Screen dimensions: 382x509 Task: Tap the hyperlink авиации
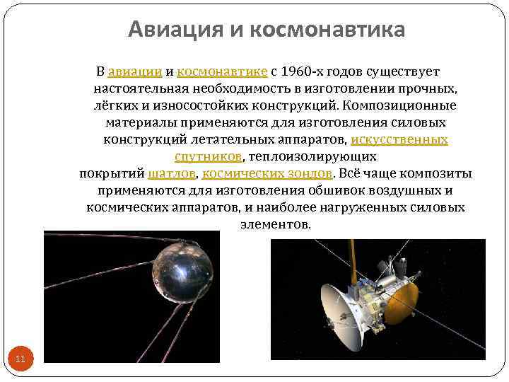pyautogui.click(x=136, y=71)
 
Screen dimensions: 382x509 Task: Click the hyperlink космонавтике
pyautogui.click(x=222, y=71)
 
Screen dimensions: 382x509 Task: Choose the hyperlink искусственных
pyautogui.click(x=399, y=139)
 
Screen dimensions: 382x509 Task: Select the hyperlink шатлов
pyautogui.click(x=172, y=173)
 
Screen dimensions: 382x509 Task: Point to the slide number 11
pyautogui.click(x=20, y=359)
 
